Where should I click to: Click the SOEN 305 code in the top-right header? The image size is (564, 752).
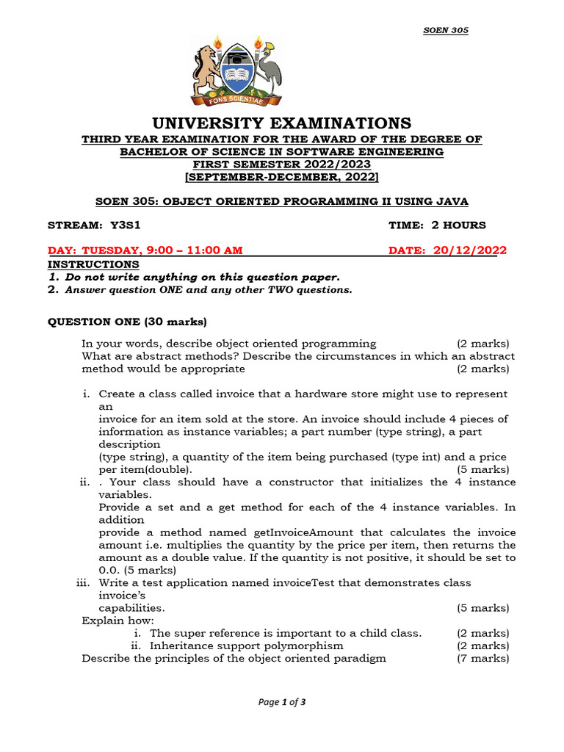point(446,30)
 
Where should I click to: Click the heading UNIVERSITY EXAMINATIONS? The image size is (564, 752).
point(282,123)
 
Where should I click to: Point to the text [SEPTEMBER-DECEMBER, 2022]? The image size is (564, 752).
point(282,177)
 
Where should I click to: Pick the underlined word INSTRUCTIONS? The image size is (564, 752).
point(93,264)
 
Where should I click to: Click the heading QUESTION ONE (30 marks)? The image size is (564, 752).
point(128,322)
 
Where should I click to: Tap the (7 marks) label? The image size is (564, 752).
point(482,658)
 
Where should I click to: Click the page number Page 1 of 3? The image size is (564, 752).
point(282,702)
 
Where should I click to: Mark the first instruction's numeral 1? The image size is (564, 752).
point(53,277)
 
